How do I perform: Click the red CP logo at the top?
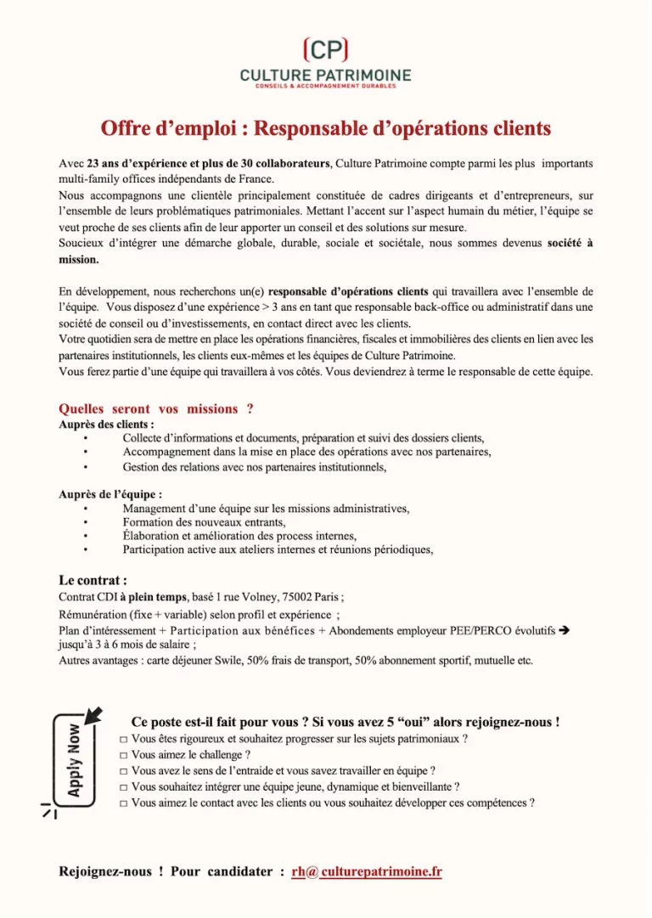tap(325, 49)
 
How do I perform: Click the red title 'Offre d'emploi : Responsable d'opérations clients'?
tap(325, 128)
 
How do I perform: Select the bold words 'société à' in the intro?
tap(570, 243)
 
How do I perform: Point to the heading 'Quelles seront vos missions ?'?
tap(155, 408)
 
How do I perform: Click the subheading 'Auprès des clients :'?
tap(106, 424)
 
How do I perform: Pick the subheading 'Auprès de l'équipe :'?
tap(110, 493)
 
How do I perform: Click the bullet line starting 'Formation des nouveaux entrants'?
tap(204, 522)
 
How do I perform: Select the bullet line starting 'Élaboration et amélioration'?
tap(239, 536)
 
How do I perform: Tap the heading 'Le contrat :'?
tap(93, 581)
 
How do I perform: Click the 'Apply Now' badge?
tap(75, 758)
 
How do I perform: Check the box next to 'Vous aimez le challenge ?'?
tap(124, 755)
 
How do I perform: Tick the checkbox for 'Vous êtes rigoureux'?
tap(124, 740)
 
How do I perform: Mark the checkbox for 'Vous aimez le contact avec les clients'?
tap(124, 803)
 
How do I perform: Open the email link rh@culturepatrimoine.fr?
tap(366, 871)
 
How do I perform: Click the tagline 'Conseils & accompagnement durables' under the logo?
tap(325, 86)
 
